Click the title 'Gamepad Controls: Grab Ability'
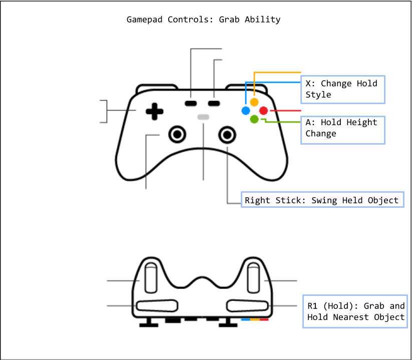pos(203,20)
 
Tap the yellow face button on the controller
pos(254,102)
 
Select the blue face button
pos(246,111)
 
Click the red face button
pos(263,111)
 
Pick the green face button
pos(254,119)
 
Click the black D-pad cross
pos(155,112)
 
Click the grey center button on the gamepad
pos(203,117)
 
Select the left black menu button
pos(191,103)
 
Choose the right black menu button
pos(214,103)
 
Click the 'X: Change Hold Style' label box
pos(343,89)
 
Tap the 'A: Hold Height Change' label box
pos(343,128)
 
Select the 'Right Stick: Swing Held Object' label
pos(322,200)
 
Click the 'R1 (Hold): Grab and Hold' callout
pos(354,311)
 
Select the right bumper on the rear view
pos(248,305)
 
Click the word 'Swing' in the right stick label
pos(325,200)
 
